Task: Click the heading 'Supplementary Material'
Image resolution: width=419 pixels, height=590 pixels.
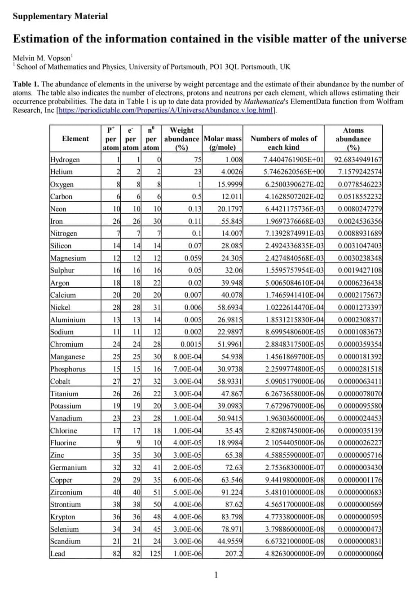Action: pos(60,17)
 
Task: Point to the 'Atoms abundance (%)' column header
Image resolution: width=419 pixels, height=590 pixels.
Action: pos(353,139)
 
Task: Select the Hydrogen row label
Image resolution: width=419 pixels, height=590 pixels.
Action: pos(65,160)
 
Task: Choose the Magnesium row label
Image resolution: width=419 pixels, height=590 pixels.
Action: pos(68,258)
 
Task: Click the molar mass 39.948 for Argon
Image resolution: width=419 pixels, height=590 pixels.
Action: pos(230,283)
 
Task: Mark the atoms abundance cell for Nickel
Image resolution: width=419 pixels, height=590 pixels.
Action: pos(360,308)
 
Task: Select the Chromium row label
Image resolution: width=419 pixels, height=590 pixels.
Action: pos(67,344)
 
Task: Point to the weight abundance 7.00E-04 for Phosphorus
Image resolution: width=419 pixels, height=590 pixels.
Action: pos(187,369)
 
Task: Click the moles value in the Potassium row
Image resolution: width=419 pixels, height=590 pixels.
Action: pos(295,406)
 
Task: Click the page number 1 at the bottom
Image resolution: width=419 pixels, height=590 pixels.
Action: pos(216,575)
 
